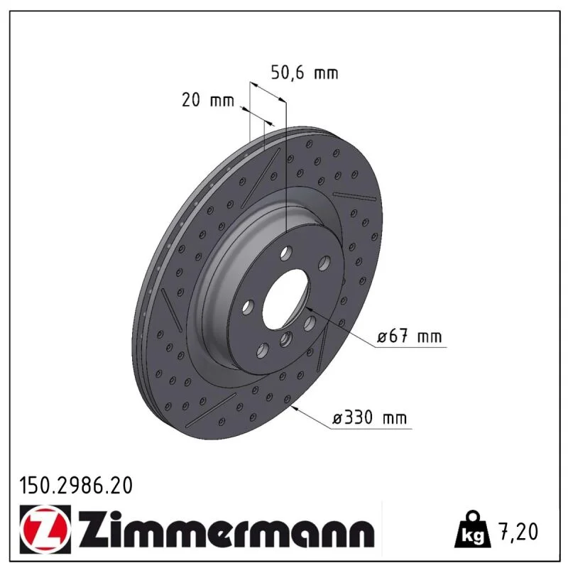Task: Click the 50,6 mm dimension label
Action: [x=305, y=73]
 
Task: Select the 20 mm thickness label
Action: [x=208, y=100]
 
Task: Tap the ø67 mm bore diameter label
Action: [x=410, y=337]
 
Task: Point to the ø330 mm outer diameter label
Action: [x=369, y=417]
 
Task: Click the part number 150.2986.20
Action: [x=76, y=486]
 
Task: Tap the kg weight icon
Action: [x=473, y=529]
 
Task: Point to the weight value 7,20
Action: [x=518, y=531]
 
